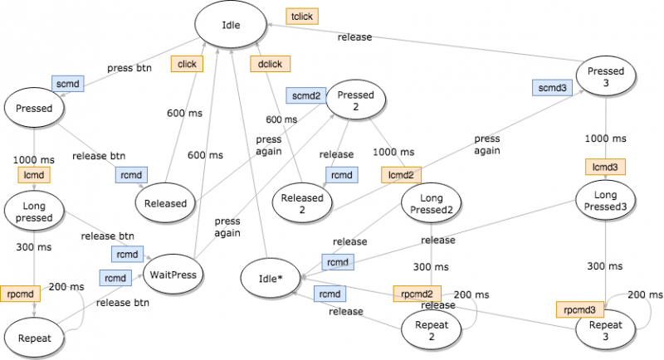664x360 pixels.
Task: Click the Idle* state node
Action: pos(271,279)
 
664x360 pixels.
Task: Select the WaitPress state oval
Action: pos(173,275)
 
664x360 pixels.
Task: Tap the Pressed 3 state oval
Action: pos(606,76)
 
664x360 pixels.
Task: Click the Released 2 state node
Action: pos(302,203)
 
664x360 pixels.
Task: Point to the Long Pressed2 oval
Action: pos(431,203)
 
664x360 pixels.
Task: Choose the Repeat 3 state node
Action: pos(606,330)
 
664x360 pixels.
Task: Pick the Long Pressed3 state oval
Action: pos(606,201)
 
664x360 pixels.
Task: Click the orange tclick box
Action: pos(302,17)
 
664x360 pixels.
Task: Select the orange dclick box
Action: pos(271,64)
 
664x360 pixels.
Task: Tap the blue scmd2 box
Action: pos(306,95)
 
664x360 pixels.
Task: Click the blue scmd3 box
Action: pos(552,88)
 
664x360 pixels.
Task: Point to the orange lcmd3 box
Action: pos(605,167)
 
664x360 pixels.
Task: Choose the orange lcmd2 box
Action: pos(401,175)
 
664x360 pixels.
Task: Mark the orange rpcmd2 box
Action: pos(417,294)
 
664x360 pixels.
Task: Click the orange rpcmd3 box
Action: pos(579,309)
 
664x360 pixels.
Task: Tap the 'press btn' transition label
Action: pos(129,68)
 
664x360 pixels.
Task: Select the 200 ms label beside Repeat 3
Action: pos(645,294)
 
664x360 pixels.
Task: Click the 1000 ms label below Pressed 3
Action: pos(605,139)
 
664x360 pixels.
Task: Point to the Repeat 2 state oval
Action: pos(431,330)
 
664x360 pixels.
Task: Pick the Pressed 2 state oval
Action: pos(356,100)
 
